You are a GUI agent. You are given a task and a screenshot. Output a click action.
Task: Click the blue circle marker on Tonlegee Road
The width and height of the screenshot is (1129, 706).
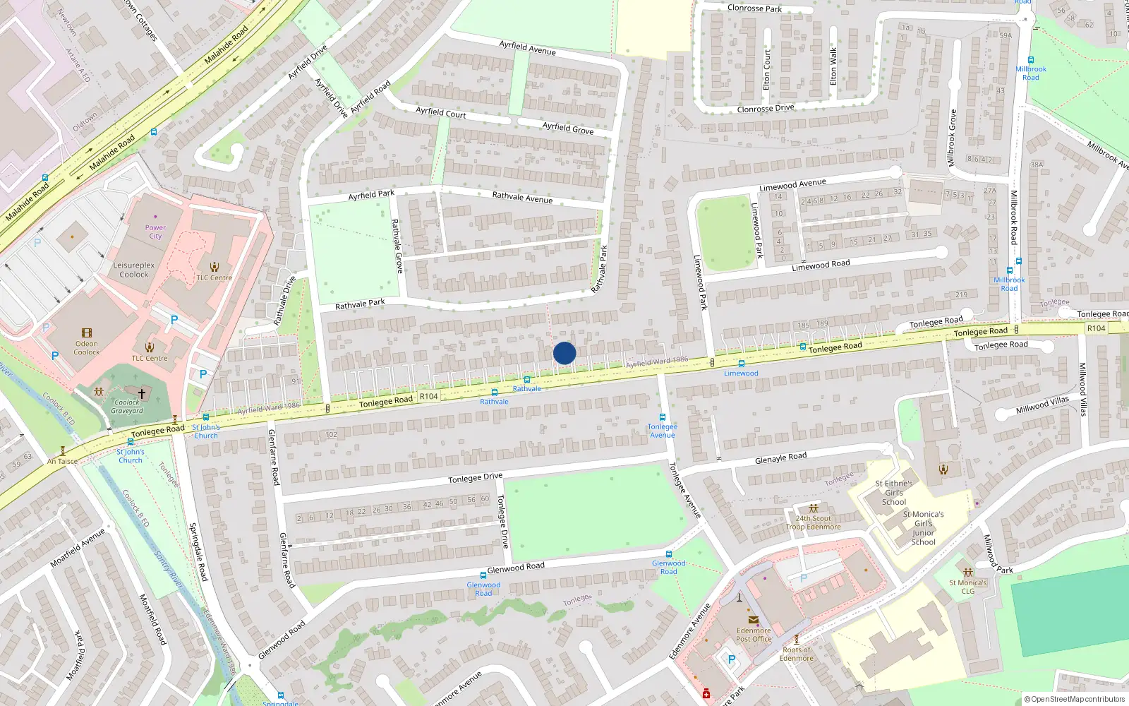[564, 353]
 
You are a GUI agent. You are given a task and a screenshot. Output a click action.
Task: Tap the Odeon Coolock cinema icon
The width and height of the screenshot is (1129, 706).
[87, 333]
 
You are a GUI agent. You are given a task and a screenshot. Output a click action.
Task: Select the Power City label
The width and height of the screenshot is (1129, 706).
[155, 232]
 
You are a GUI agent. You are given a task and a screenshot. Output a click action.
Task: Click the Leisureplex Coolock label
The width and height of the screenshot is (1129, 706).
[134, 270]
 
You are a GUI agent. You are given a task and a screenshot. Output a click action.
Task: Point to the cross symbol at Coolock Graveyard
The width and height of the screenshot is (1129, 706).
[142, 393]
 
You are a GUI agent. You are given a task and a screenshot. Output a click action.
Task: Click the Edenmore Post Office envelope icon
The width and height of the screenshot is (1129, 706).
[753, 620]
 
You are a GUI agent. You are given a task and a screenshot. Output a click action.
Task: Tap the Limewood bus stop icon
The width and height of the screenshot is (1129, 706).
[741, 364]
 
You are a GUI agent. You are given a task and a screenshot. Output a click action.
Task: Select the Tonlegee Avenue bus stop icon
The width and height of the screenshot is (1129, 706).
[662, 417]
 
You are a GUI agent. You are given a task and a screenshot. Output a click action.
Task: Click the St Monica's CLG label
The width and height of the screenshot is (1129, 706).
[967, 587]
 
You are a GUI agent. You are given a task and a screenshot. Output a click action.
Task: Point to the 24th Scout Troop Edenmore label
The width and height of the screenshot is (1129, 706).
[814, 522]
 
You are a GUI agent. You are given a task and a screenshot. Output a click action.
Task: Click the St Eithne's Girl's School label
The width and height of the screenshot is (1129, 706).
[894, 493]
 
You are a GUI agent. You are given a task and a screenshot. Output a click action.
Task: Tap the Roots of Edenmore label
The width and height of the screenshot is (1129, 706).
[797, 654]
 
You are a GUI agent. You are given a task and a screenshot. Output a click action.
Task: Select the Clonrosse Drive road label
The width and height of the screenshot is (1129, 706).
[766, 109]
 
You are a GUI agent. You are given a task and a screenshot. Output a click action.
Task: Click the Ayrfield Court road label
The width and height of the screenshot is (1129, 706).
[441, 112]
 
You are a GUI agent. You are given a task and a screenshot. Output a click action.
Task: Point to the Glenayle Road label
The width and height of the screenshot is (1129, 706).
[780, 458]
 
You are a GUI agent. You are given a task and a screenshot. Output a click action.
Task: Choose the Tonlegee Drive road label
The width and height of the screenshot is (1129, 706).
[476, 478]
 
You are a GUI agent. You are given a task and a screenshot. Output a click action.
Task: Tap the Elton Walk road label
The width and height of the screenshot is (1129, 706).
[833, 66]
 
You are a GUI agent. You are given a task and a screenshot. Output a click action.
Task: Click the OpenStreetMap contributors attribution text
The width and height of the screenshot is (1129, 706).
[1075, 699]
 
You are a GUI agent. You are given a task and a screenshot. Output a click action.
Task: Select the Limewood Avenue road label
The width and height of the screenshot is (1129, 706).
[792, 185]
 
